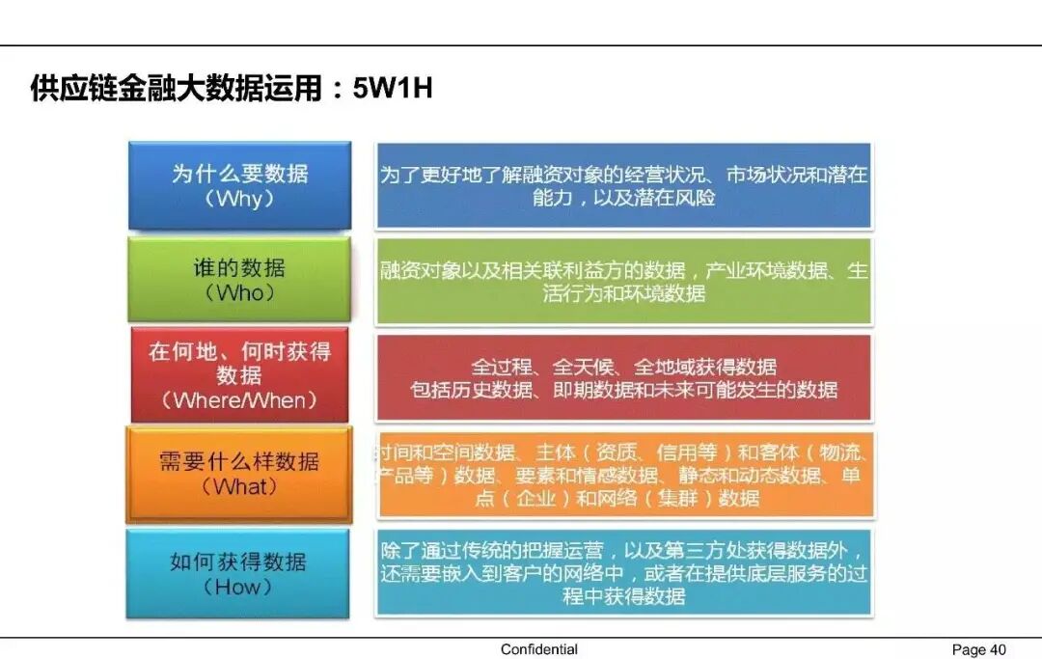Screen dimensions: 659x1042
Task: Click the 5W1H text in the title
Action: (393, 89)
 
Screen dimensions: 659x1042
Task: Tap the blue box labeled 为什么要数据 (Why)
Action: (239, 185)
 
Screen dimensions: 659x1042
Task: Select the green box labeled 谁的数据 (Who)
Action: (239, 280)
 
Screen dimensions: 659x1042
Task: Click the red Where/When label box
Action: (239, 374)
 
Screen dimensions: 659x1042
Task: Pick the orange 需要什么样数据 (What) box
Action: (239, 474)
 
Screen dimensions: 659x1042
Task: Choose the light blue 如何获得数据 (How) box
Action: (238, 573)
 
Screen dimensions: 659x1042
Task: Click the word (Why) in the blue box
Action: (239, 200)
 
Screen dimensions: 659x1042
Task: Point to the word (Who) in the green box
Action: (239, 293)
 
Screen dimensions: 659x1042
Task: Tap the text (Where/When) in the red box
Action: (239, 399)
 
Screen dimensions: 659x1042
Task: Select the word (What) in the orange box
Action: (239, 487)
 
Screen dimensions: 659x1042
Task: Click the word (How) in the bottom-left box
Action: (238, 587)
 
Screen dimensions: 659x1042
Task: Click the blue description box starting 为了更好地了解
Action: (624, 185)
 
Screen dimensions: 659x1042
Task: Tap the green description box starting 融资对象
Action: (624, 281)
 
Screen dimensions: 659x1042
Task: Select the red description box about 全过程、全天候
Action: (624, 378)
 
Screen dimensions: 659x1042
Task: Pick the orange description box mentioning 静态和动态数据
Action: (624, 475)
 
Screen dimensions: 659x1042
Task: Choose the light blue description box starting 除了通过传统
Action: (624, 572)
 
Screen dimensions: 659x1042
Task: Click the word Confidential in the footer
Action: (539, 649)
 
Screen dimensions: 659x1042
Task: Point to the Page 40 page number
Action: (978, 649)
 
